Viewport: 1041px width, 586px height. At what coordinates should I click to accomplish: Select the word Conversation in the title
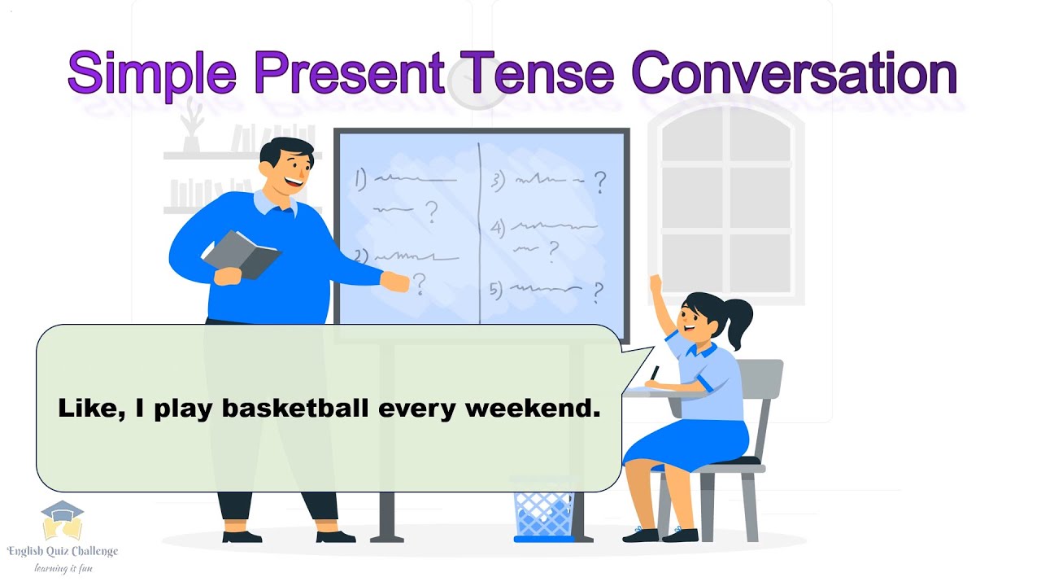[794, 73]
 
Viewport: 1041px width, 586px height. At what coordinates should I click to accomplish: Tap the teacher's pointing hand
[396, 282]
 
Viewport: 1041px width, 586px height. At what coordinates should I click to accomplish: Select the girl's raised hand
[655, 285]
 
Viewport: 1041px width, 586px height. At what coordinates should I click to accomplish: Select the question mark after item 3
[600, 182]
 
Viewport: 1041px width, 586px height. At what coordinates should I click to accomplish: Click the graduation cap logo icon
[63, 521]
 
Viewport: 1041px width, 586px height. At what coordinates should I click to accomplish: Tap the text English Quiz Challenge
[63, 551]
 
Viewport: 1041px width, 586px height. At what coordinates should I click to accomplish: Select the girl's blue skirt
[687, 444]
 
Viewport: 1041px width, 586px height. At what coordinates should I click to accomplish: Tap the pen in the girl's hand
[654, 373]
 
